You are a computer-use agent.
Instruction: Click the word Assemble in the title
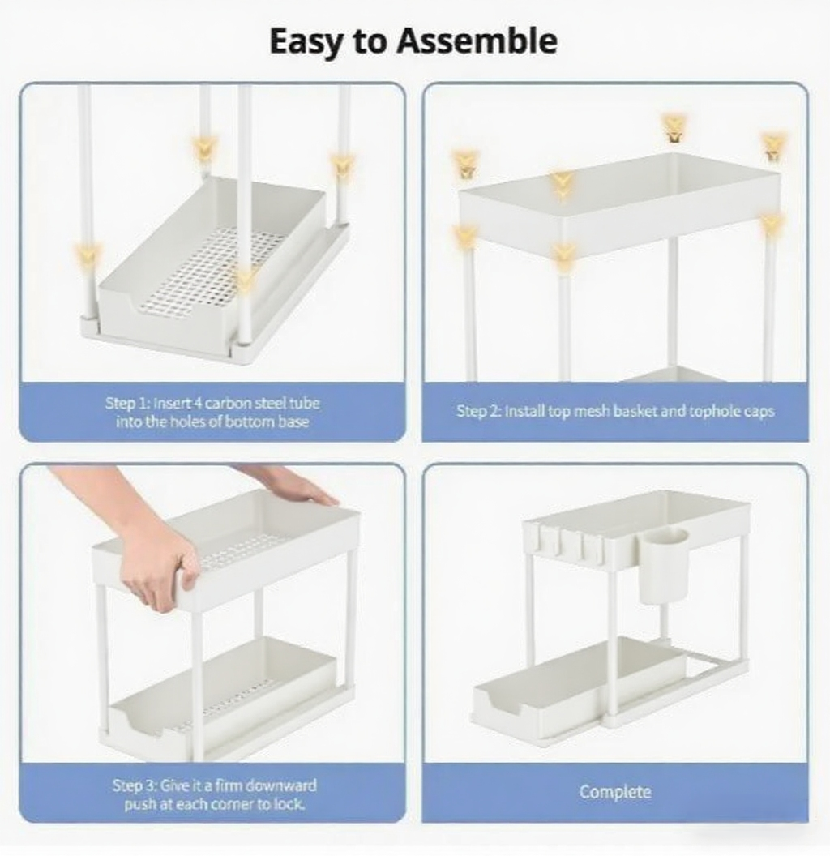tap(477, 41)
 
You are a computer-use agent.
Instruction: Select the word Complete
tap(615, 792)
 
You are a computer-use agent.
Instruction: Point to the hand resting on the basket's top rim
tap(290, 484)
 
